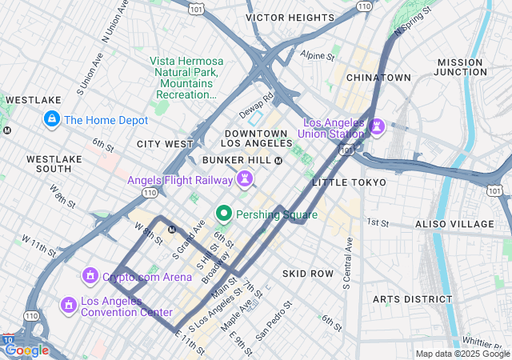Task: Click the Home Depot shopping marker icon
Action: pyautogui.click(x=52, y=120)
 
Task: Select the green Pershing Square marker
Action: pyautogui.click(x=224, y=214)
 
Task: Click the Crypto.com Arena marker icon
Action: pyautogui.click(x=90, y=277)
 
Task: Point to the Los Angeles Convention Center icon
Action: pyautogui.click(x=69, y=305)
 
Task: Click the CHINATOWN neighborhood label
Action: pyautogui.click(x=378, y=78)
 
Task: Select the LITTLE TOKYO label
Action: pyautogui.click(x=349, y=182)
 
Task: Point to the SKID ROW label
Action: pyautogui.click(x=307, y=274)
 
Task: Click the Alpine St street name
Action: pyautogui.click(x=317, y=56)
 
